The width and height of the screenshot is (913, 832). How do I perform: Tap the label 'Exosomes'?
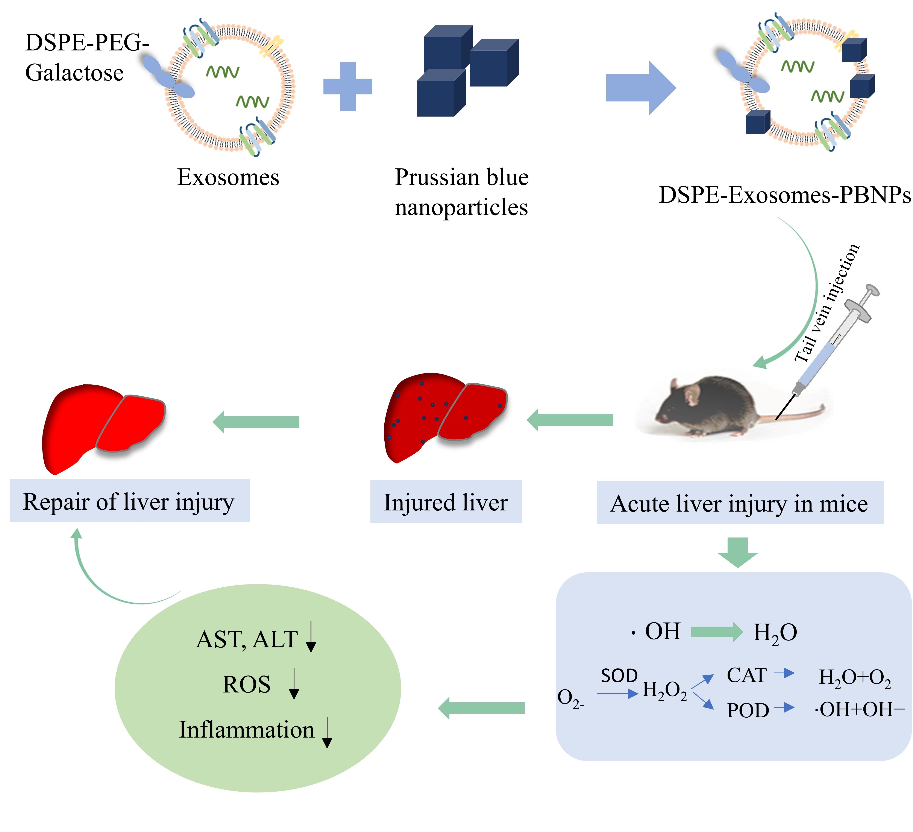pos(228,177)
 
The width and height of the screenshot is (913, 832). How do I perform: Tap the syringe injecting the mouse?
pos(833,344)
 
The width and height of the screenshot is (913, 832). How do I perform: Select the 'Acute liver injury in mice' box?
pos(740,503)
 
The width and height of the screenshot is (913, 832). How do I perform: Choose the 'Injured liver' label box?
pos(446,502)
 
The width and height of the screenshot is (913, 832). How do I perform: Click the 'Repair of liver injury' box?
pos(129,501)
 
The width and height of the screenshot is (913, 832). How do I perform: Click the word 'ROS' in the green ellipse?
pos(246,684)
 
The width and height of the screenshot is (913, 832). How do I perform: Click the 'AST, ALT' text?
pos(247,639)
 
